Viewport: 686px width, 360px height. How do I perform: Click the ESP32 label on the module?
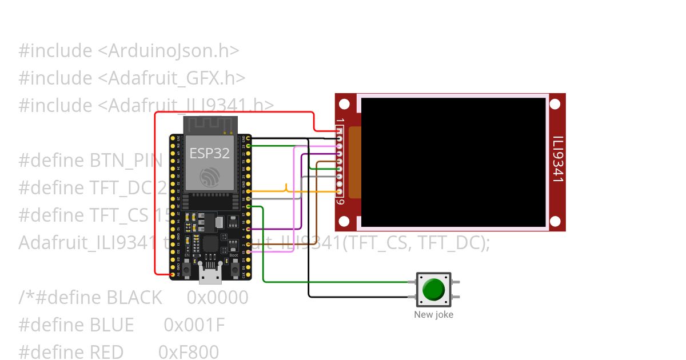209,153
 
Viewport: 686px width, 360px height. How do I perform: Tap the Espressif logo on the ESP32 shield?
209,177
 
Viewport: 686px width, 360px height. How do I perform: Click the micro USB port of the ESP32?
210,275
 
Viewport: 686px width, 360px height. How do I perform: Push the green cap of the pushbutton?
433,290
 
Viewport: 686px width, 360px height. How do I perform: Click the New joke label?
433,314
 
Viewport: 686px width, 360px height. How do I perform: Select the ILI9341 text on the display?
557,159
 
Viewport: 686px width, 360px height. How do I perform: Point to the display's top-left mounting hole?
344,104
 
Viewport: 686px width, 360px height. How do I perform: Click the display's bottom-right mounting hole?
555,221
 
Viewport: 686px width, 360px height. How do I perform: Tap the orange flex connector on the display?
355,163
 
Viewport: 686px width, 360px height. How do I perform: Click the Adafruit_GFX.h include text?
177,78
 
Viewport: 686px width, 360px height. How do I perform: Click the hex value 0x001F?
194,325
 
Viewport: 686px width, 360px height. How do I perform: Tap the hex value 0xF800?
189,352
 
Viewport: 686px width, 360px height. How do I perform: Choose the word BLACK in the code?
134,298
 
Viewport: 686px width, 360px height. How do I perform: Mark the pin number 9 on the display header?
341,202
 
